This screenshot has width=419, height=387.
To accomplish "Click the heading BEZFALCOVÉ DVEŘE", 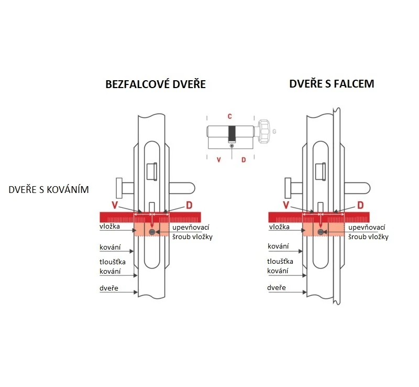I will coord(156,84).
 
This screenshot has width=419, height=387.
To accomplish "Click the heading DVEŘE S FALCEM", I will coord(331,84).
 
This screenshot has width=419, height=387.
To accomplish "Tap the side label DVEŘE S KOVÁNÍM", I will coord(49,189).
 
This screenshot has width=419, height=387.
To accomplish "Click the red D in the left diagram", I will coord(191,205).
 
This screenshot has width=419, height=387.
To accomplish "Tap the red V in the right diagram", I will coord(286,205).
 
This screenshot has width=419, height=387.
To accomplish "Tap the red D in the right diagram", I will coord(360,205).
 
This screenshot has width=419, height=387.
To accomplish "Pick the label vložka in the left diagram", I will coord(110,227).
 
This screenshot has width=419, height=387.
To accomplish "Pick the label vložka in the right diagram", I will coord(279,227).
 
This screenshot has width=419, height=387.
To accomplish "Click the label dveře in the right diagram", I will coord(276,288).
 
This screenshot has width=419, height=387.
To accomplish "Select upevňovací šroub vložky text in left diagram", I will coord(192,232).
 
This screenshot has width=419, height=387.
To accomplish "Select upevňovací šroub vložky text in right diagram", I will coord(367,232).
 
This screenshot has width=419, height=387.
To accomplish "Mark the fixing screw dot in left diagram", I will coord(152,232).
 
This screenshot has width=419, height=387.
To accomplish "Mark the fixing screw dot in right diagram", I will coord(319,232).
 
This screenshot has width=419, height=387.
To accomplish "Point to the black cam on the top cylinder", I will coord(231,133).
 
